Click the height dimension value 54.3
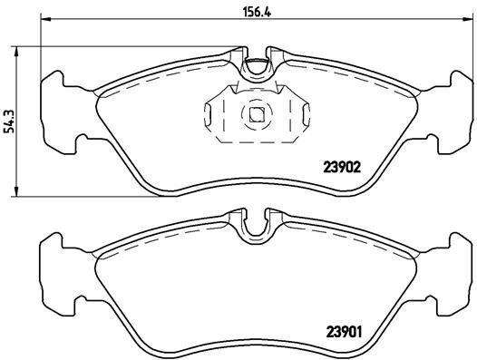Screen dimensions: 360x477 click(10, 118)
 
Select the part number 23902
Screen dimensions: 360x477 click(345, 166)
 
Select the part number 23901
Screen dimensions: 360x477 click(345, 330)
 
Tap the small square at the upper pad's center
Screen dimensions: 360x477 click(258, 114)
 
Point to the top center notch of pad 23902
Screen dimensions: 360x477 click(258, 66)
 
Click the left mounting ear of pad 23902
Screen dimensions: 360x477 click(58, 108)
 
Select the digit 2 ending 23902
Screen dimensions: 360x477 click(362, 166)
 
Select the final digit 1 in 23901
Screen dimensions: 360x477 click(362, 330)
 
